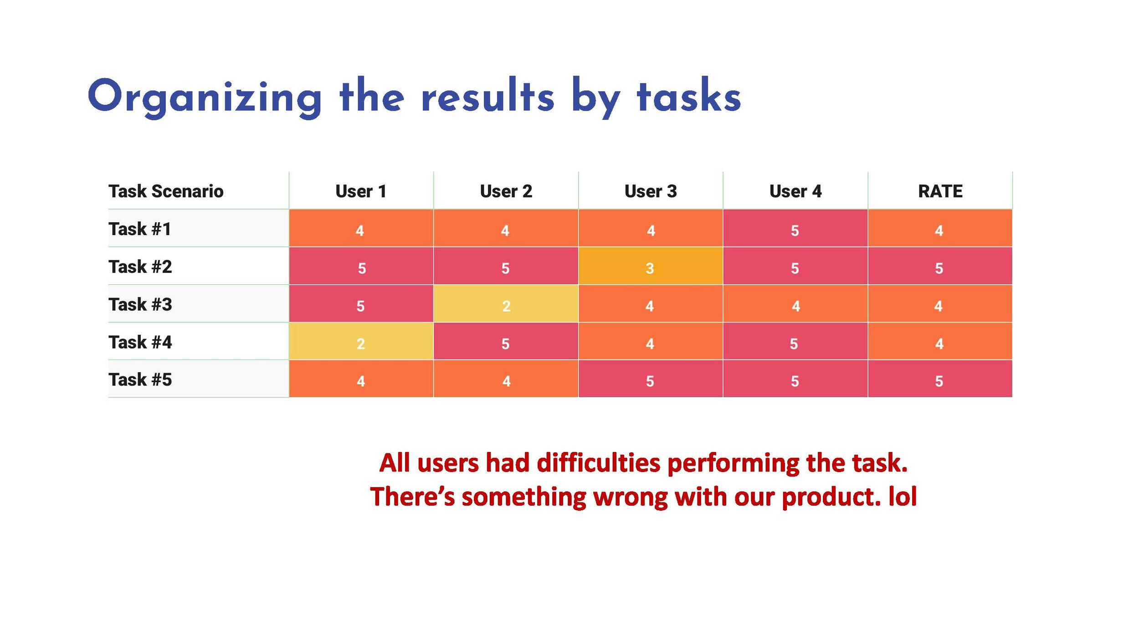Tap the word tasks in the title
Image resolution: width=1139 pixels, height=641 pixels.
pos(689,97)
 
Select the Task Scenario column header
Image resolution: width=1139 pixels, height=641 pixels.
pos(166,191)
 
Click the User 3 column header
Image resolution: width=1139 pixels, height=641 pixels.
pos(651,191)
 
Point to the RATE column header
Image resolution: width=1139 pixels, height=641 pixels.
pos(940,191)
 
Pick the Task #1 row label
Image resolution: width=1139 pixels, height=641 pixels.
pos(139,229)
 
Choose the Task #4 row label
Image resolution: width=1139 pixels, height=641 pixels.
pos(140,342)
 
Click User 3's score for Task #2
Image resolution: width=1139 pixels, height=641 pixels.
pos(650,267)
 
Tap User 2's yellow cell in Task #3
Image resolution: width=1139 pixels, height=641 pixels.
pos(506,305)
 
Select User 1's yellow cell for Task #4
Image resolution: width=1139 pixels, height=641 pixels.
pos(361,343)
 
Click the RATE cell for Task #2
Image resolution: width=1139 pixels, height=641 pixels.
pos(939,267)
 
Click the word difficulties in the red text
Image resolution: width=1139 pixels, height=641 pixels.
pos(598,463)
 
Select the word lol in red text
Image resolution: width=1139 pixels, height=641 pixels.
pos(903,497)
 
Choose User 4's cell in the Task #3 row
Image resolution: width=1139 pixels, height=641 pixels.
pos(795,305)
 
